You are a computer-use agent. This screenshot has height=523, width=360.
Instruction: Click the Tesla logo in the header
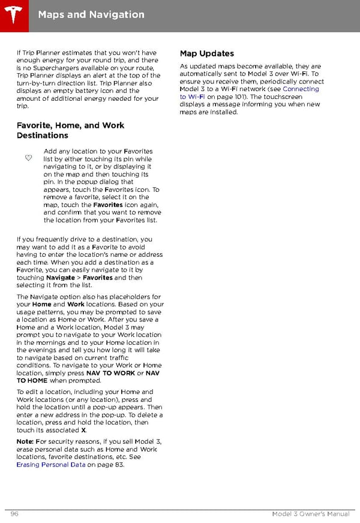13,13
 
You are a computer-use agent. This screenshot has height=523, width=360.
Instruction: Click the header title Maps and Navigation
91,14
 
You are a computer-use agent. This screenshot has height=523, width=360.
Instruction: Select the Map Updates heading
207,53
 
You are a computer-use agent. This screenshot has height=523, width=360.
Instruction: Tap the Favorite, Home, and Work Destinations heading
70,130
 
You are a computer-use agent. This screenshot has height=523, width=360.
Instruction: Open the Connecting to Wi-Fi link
250,93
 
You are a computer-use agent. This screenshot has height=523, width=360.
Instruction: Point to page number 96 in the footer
15,514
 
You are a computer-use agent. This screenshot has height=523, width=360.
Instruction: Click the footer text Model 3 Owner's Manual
310,514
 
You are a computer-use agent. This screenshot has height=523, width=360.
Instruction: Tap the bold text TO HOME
32,380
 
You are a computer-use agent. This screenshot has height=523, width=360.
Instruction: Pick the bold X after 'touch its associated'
83,430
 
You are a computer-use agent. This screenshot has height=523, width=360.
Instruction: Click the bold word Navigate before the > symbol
61,278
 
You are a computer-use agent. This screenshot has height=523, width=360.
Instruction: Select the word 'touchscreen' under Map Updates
302,97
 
